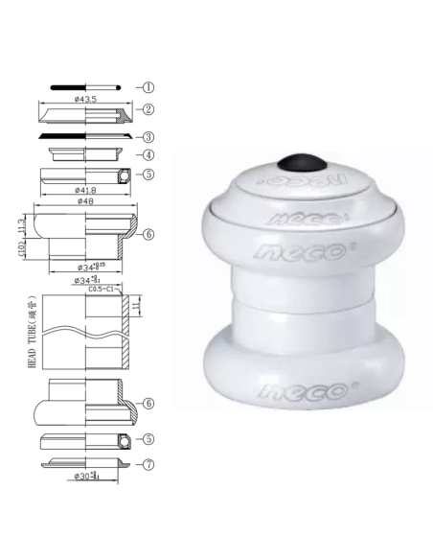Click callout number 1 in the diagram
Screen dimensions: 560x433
[x=150, y=86]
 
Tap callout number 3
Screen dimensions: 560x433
[x=150, y=136]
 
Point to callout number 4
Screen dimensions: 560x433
[x=150, y=154]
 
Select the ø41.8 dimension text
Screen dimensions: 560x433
[x=86, y=190]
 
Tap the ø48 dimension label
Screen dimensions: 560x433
[x=86, y=202]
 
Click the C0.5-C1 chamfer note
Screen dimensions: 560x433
[x=101, y=288]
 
